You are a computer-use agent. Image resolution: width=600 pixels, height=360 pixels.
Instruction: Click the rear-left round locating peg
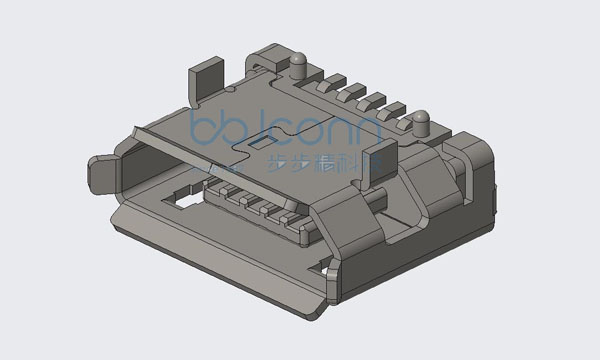pyautogui.click(x=297, y=63)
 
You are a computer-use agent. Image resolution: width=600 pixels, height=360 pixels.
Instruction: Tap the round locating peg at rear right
pyautogui.click(x=421, y=121)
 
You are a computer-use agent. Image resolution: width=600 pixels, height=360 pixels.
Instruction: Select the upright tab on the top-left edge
pyautogui.click(x=204, y=80)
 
